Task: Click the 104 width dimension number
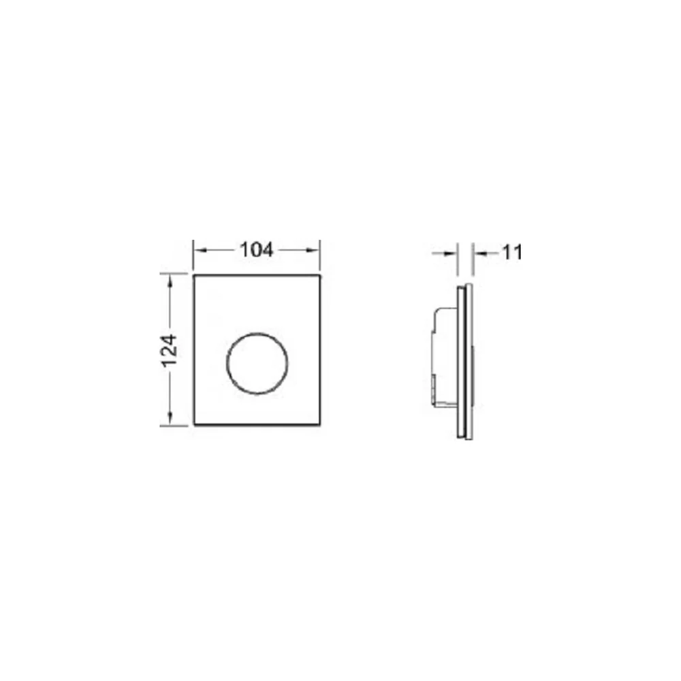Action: point(256,250)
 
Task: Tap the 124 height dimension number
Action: point(170,350)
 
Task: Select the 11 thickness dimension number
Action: point(513,253)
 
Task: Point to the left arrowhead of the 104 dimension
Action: point(200,250)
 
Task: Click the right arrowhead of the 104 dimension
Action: point(313,250)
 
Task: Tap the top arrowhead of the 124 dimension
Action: point(170,281)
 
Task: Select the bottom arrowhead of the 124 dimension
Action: point(170,419)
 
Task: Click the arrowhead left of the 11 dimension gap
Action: point(452,253)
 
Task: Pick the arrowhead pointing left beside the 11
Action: point(479,253)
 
